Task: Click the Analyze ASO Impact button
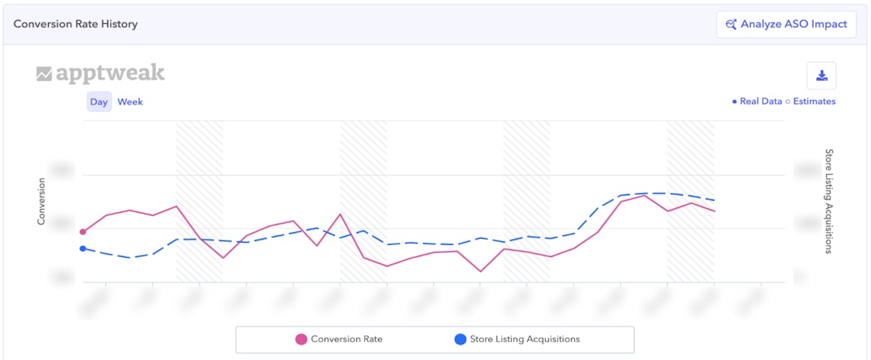tap(786, 24)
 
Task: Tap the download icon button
tap(822, 75)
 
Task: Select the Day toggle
tap(99, 102)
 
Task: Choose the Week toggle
tap(130, 102)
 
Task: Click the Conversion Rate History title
tap(75, 24)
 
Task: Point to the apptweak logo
tap(101, 73)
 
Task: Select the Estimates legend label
tap(814, 102)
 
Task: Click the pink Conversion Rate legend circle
tap(301, 339)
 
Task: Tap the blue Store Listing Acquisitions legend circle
tap(459, 339)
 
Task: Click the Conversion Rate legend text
tap(346, 339)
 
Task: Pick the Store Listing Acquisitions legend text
tap(525, 339)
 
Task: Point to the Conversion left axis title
tap(41, 201)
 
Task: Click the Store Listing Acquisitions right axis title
tap(829, 201)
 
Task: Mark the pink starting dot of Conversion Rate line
tap(83, 232)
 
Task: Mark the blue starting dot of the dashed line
tap(83, 248)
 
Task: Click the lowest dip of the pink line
tap(480, 271)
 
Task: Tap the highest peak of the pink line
tap(645, 195)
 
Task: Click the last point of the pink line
tap(715, 211)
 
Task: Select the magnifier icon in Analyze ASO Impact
tap(731, 24)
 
